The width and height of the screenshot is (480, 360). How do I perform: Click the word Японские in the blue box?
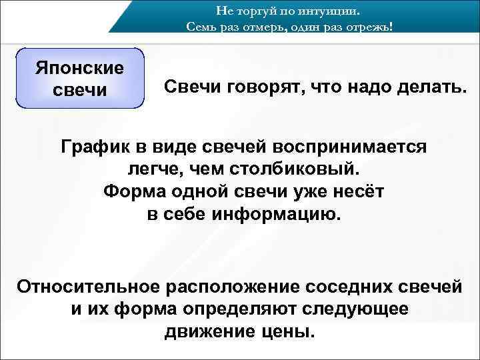point(80,68)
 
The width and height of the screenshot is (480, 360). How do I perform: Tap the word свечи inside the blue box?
point(80,90)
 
